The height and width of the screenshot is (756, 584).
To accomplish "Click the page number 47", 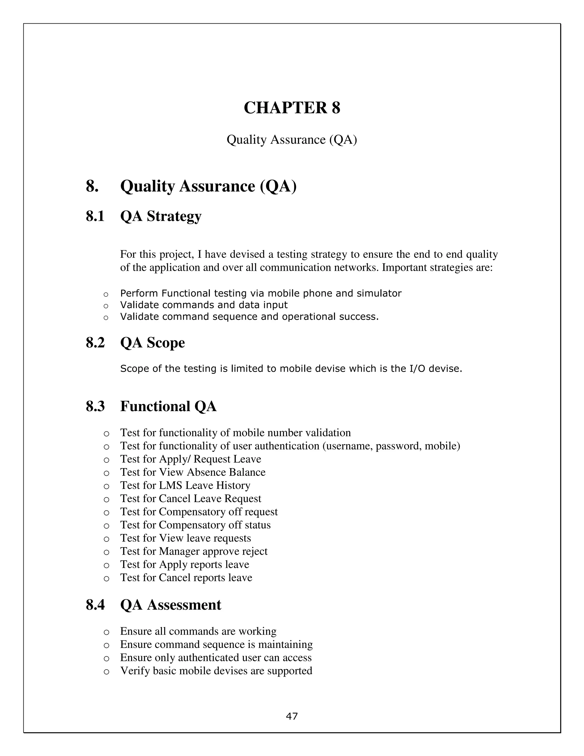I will click(x=292, y=716).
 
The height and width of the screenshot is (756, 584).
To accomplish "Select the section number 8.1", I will click(x=95, y=216).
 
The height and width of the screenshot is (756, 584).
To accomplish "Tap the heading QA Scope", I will click(x=152, y=343).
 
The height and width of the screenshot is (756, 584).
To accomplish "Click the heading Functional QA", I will click(x=168, y=406).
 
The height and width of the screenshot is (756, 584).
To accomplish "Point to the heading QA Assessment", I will click(x=171, y=605).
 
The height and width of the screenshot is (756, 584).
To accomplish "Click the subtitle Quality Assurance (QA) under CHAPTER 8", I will click(x=292, y=140).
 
